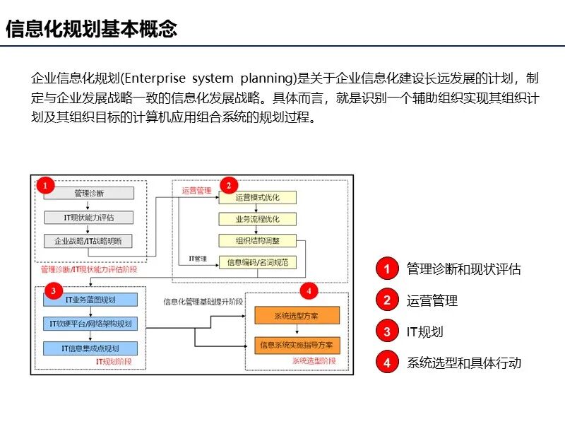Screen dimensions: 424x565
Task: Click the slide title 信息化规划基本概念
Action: pos(91,29)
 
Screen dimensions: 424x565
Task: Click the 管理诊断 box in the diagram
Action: pos(88,193)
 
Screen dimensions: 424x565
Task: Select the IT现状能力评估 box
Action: pos(88,217)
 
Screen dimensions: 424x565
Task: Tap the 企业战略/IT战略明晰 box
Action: pos(88,241)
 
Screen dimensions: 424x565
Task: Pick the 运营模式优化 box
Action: pos(258,197)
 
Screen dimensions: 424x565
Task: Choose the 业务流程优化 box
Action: pos(258,219)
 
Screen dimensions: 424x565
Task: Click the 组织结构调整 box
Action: pos(258,240)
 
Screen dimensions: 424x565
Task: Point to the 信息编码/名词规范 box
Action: pos(258,262)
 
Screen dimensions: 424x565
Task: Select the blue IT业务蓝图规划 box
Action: pos(90,300)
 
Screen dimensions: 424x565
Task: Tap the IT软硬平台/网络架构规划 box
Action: pos(90,324)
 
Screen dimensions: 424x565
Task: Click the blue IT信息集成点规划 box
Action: pos(90,348)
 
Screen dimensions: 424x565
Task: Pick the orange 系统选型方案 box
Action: pos(297,316)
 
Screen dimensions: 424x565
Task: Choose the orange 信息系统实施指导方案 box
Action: pos(297,346)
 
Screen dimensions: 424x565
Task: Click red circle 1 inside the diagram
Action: pos(45,186)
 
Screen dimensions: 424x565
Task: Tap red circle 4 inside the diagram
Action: pos(308,290)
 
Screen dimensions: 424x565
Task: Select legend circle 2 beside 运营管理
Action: pos(386,300)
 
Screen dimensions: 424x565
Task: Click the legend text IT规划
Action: pos(424,332)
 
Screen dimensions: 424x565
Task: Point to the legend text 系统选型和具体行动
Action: pos(463,363)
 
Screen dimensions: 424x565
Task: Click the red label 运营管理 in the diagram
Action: pos(196,190)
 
